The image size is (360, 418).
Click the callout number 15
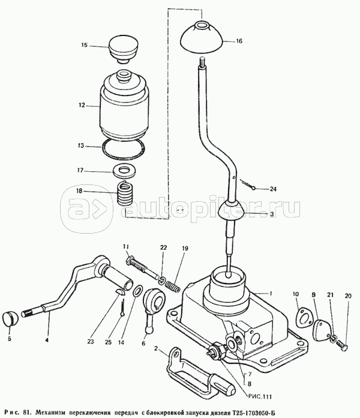coord(85,46)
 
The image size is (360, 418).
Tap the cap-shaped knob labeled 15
coord(122,49)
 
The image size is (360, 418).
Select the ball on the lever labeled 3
coord(232,211)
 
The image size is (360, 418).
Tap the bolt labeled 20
coord(342,345)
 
